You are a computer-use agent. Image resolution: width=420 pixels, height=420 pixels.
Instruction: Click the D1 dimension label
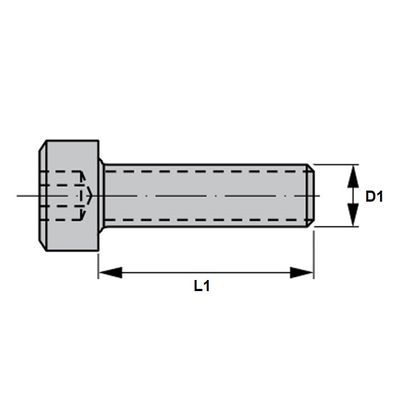374,196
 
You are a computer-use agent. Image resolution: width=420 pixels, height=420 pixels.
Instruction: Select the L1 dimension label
202,286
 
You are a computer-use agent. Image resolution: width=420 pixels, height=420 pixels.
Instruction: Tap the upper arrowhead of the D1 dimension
352,177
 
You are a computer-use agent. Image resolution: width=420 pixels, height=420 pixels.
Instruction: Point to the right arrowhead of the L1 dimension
302,272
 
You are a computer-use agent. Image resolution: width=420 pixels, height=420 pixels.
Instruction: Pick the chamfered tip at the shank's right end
311,196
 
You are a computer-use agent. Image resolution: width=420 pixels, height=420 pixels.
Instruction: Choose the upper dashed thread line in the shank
206,172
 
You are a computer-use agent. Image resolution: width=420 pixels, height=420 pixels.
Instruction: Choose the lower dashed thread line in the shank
206,220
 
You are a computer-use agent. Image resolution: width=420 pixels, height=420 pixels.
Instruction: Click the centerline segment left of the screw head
28,196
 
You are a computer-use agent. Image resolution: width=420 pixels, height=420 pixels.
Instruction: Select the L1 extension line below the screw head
98,264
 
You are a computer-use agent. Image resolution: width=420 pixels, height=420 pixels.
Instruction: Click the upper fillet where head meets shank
102,163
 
